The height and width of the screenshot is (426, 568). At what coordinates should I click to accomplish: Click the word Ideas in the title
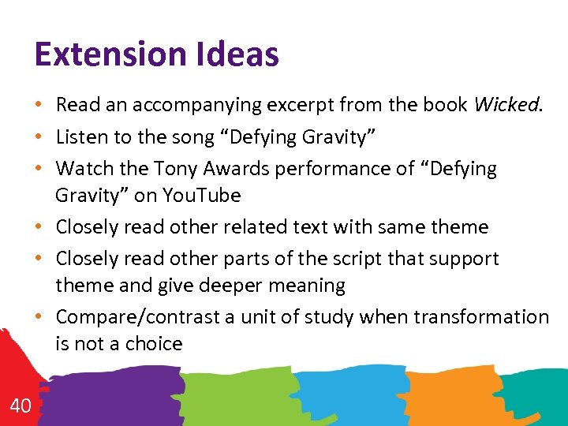[245, 54]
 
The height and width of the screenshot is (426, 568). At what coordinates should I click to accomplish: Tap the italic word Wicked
[506, 105]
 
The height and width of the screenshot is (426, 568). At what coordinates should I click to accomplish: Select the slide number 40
[21, 406]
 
